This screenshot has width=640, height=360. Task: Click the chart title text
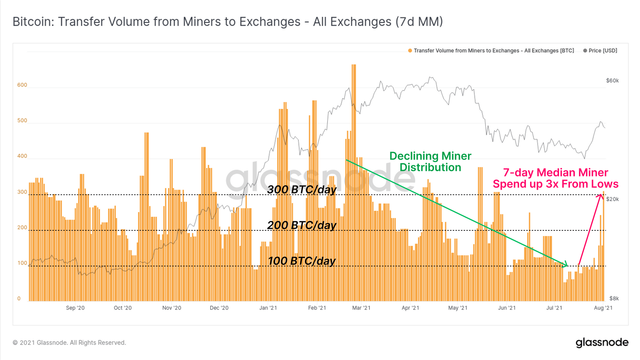point(228,22)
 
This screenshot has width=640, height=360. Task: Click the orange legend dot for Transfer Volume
point(410,51)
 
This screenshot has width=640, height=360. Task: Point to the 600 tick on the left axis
point(22,85)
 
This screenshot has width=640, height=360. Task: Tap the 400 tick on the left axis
point(22,156)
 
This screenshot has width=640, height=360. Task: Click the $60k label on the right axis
point(612,81)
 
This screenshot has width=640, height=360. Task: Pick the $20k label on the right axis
point(612,199)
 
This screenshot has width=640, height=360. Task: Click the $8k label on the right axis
point(614,298)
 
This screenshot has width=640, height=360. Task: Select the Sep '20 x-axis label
point(75,308)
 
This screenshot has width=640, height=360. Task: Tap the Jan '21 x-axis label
point(268,308)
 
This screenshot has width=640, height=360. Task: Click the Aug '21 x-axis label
point(603,308)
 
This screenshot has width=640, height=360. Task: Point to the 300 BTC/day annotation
point(302,190)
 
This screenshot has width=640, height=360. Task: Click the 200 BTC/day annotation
point(302,226)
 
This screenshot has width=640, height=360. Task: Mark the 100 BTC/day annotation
point(302,261)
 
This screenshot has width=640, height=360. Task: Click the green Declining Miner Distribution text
point(430,162)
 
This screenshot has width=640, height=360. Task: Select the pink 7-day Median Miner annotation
point(556,178)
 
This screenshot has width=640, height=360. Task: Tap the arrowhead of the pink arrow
point(601,195)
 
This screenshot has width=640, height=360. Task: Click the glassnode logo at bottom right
point(602,343)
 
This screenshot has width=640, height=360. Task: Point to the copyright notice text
point(69,343)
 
